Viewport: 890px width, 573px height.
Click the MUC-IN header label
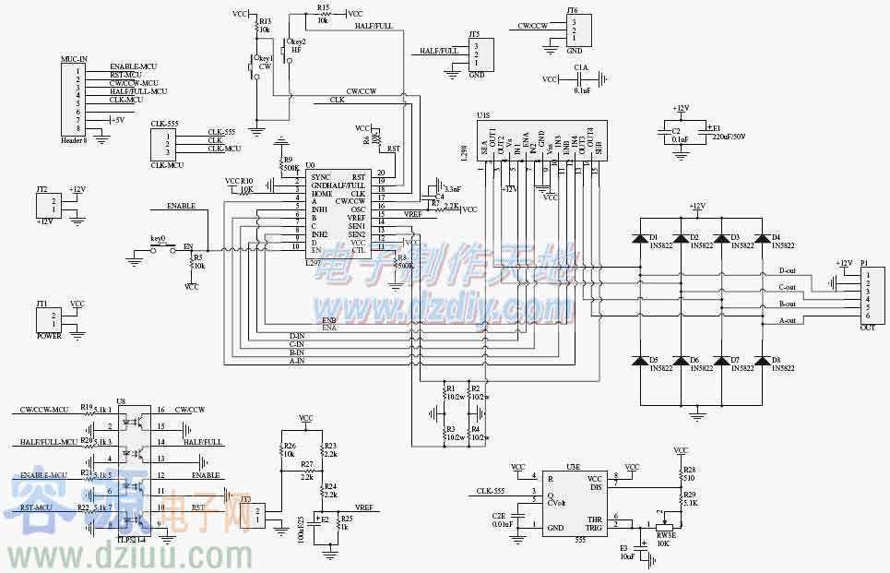tap(74, 58)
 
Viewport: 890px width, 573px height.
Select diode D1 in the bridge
tap(639, 238)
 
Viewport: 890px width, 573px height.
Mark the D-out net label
tap(787, 271)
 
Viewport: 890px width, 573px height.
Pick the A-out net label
tap(787, 319)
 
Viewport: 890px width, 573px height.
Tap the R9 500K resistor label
tap(289, 163)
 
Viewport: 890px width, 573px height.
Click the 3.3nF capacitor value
tap(452, 188)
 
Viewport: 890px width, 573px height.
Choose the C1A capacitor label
tap(580, 67)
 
